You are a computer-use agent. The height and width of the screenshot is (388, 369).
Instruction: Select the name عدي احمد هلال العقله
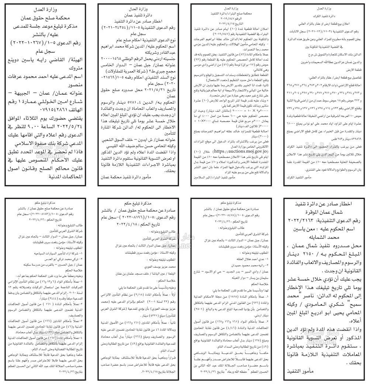click(249, 253)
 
